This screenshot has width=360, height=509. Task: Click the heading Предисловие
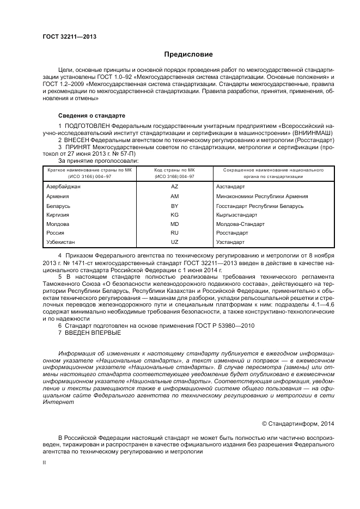(x=188, y=54)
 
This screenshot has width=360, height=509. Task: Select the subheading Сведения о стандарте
(x=91, y=116)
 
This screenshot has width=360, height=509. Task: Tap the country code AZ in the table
(x=175, y=186)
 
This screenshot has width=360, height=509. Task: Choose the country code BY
(x=175, y=206)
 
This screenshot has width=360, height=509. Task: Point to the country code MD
(x=175, y=224)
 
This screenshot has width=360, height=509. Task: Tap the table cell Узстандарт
(x=231, y=241)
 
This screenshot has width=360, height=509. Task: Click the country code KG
(x=175, y=215)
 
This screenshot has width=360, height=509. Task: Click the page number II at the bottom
(x=45, y=462)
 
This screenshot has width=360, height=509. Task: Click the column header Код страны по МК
(x=174, y=170)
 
